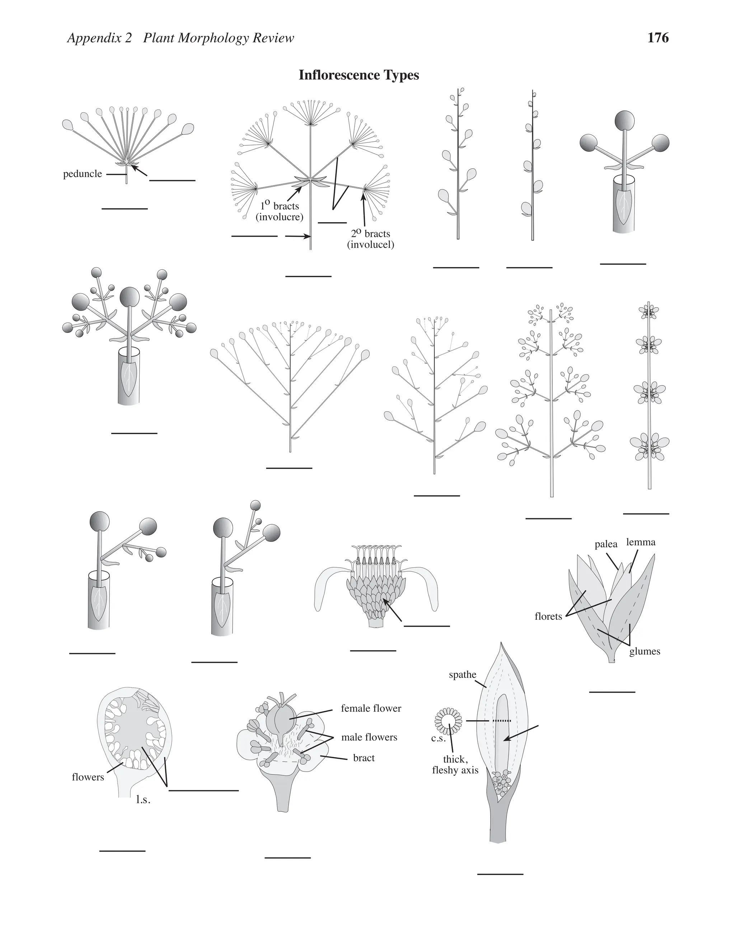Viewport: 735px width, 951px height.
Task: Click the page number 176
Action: [x=657, y=38]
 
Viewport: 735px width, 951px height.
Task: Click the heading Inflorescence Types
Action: [x=359, y=75]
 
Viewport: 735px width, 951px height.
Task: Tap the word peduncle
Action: [x=82, y=174]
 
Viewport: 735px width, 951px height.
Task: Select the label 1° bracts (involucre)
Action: [x=280, y=211]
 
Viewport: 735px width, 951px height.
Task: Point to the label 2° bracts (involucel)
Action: [x=370, y=239]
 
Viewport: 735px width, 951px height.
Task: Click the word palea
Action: [x=606, y=544]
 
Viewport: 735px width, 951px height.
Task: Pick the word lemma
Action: [x=641, y=542]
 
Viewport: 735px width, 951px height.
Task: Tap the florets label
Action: [x=548, y=616]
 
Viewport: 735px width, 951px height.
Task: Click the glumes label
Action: [x=645, y=664]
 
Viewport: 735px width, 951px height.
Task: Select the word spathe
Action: [x=462, y=675]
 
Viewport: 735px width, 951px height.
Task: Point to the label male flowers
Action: [x=369, y=737]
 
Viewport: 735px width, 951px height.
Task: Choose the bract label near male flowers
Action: [x=364, y=758]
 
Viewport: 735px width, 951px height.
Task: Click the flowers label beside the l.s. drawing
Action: [x=88, y=777]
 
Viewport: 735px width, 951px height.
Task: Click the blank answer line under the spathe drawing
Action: [x=500, y=874]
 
